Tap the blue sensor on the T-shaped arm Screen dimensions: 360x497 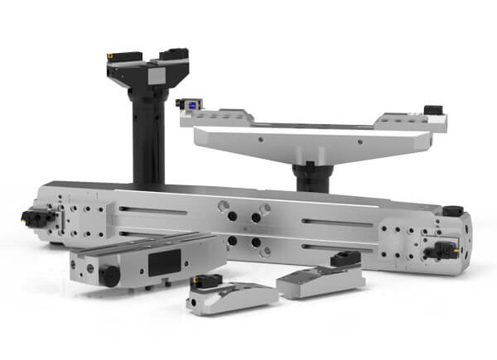click(191, 104)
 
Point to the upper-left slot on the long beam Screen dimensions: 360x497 click(153, 209)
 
